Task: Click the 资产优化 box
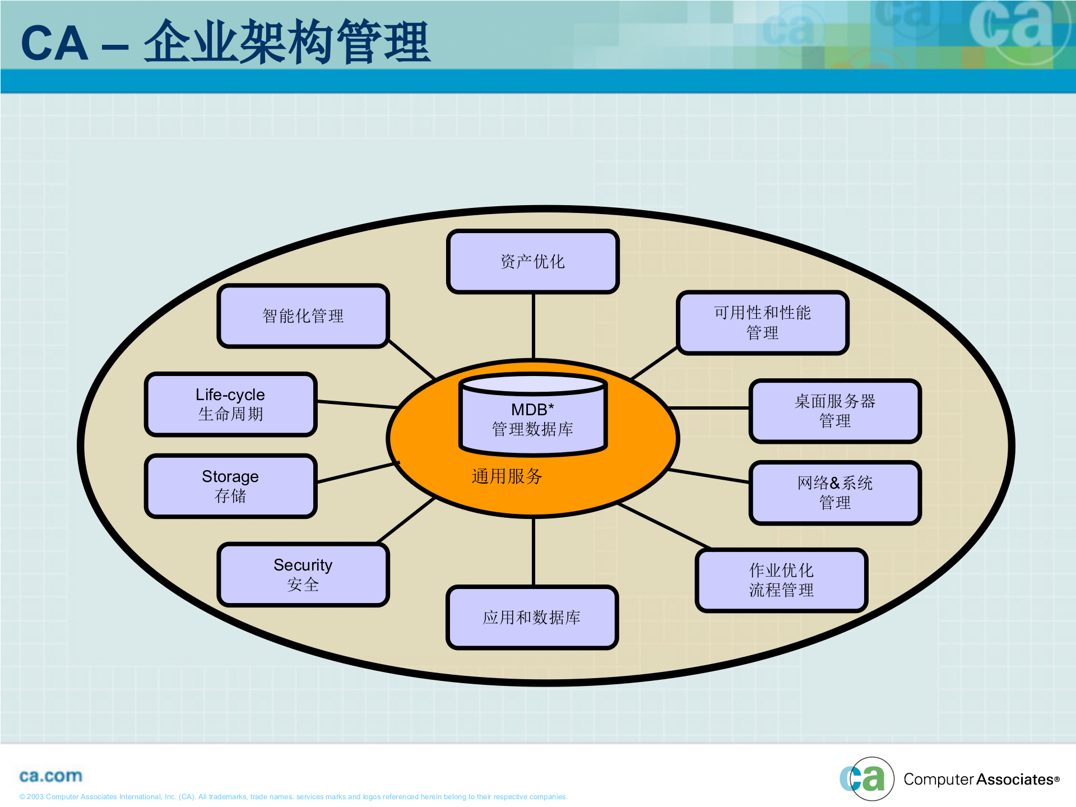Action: [x=532, y=261]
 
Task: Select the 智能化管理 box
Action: [x=303, y=316]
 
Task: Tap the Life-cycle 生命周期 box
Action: [x=230, y=404]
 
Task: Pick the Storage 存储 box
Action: [x=230, y=486]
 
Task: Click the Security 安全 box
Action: [x=303, y=574]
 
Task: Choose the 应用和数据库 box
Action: [x=532, y=617]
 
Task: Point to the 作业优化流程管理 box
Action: [x=781, y=580]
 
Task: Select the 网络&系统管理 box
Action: [x=834, y=493]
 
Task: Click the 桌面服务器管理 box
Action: [x=834, y=411]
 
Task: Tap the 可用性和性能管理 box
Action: [x=762, y=322]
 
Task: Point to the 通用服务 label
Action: [x=507, y=476]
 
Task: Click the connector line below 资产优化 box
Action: [x=533, y=325]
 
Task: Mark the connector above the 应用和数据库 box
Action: [x=533, y=552]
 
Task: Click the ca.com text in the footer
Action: [x=50, y=776]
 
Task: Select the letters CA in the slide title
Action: [x=54, y=44]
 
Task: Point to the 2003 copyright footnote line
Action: [x=293, y=797]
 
